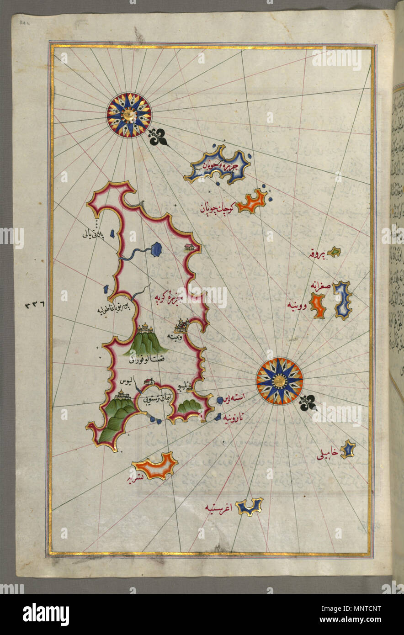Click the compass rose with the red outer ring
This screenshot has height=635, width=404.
[x=129, y=114]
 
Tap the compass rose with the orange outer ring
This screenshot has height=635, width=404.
[x=279, y=381]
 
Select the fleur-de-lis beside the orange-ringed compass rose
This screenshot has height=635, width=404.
[x=310, y=402]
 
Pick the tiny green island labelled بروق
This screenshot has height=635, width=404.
[x=335, y=251]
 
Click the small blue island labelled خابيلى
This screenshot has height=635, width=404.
[x=348, y=449]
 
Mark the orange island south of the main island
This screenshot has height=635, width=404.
[x=155, y=466]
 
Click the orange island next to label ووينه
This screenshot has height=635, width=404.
[x=317, y=305]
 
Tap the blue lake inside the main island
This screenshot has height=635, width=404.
[x=156, y=249]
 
